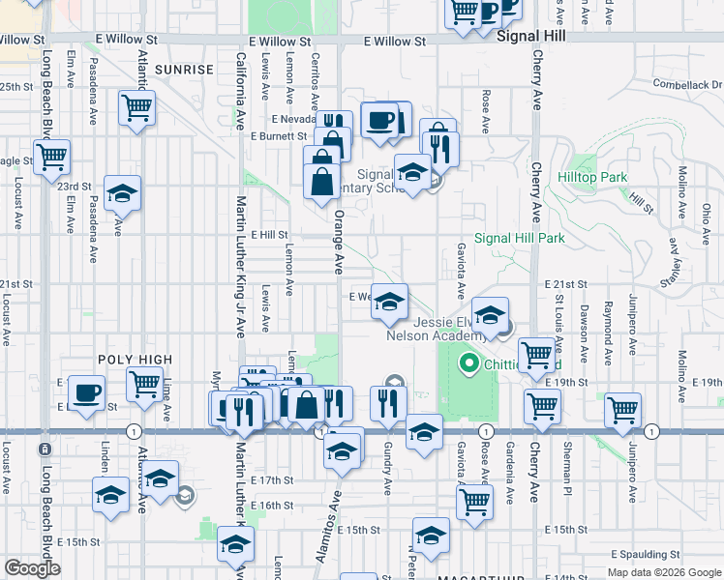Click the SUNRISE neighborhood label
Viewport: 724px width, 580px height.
(x=183, y=70)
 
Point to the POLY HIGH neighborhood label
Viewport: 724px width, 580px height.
(x=135, y=360)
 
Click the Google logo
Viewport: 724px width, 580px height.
(x=32, y=568)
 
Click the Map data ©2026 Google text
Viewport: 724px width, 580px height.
(x=664, y=571)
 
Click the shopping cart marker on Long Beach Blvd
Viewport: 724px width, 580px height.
(x=52, y=156)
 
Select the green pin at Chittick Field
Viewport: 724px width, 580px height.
(x=470, y=363)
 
